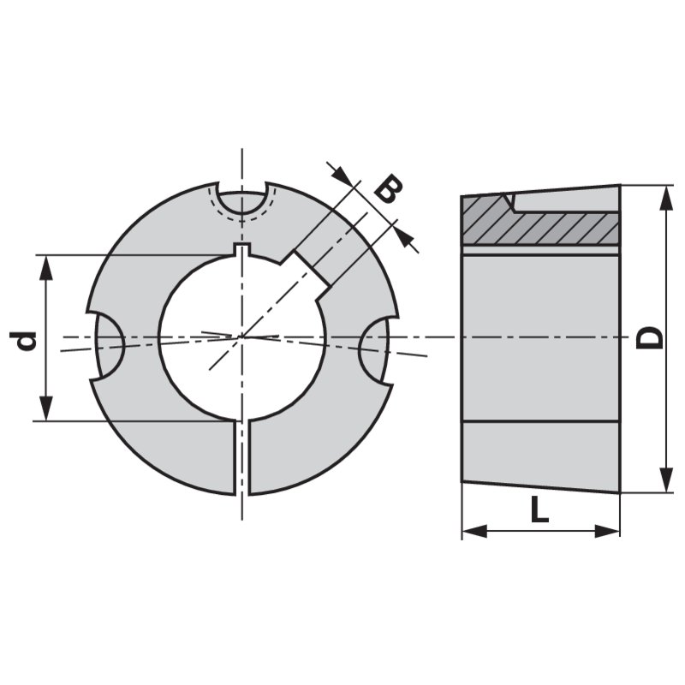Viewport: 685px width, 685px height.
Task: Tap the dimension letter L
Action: [x=539, y=510]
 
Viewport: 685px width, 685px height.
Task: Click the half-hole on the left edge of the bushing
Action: [x=107, y=344]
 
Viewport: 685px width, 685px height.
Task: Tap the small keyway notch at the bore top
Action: [x=242, y=249]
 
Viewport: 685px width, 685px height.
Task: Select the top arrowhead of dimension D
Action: [x=665, y=195]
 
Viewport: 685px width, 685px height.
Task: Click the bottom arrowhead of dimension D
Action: [x=665, y=481]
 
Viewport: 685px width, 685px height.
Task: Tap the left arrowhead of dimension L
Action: [x=472, y=531]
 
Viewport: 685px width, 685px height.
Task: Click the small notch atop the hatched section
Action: [x=509, y=202]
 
